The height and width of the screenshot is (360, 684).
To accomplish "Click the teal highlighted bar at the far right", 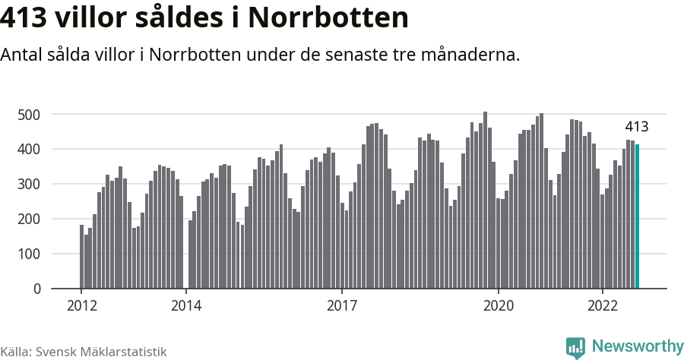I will (x=638, y=216).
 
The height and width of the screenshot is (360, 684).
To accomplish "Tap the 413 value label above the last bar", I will (x=636, y=127).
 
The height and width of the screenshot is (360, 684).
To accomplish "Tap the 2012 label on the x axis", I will (x=81, y=305).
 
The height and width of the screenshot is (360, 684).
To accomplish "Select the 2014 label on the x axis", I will (x=186, y=305).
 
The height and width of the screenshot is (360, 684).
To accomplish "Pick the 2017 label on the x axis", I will (x=343, y=305).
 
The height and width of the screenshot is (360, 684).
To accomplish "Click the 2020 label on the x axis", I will (x=499, y=305).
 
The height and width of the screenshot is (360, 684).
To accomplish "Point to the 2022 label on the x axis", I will (x=603, y=305).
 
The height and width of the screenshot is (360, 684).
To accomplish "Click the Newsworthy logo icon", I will (x=575, y=347).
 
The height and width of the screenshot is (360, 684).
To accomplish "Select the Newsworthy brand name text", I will (x=637, y=346).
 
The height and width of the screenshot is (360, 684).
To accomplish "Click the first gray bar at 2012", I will (x=81, y=257).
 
